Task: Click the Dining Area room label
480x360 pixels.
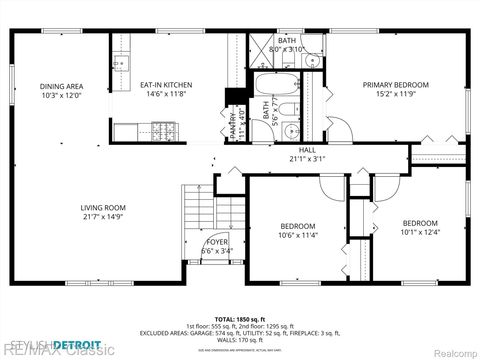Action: click(x=61, y=91)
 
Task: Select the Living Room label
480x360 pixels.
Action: click(x=103, y=212)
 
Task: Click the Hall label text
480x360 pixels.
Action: click(x=307, y=154)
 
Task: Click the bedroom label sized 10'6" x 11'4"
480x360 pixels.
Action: click(x=297, y=231)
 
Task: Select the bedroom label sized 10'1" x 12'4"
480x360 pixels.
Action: click(x=419, y=227)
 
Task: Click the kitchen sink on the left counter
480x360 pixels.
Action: click(x=121, y=64)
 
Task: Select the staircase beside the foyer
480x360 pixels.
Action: click(x=197, y=222)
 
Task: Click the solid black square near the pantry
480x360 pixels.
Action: click(x=234, y=98)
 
